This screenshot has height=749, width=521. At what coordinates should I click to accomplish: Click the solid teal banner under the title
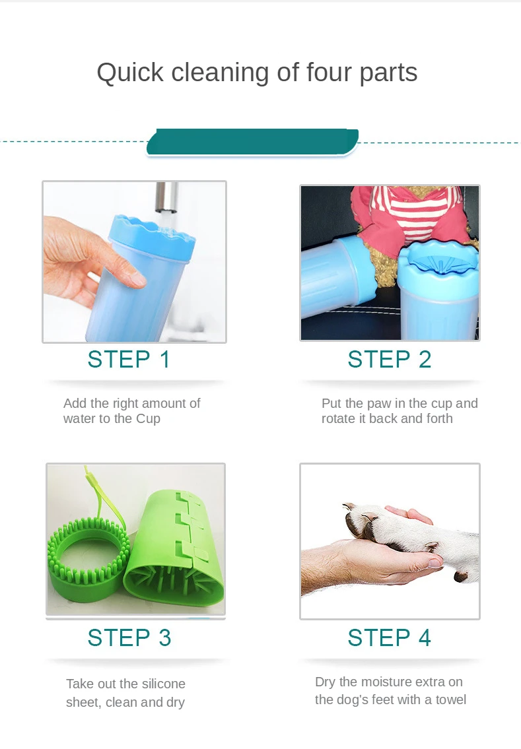[x=252, y=142]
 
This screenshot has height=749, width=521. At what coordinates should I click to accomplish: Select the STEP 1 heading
[x=129, y=359]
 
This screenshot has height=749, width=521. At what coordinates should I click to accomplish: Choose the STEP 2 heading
[x=389, y=359]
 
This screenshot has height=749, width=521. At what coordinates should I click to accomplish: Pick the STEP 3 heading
[x=129, y=637]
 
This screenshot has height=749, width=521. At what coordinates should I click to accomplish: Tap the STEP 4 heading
[x=389, y=637]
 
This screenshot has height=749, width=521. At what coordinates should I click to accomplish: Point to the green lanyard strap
[x=103, y=497]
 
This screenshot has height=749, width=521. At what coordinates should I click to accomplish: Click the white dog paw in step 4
[x=411, y=535]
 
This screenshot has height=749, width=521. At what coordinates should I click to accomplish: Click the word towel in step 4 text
[x=451, y=700]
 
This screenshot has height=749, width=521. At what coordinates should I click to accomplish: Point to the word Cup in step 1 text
[x=148, y=419]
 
